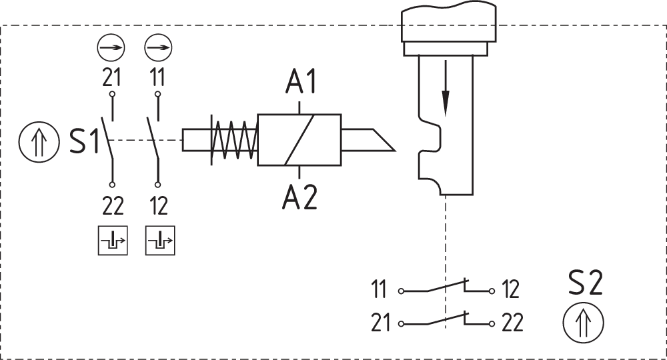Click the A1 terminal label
[x=301, y=83]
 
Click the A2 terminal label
[x=301, y=198]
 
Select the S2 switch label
[x=585, y=283]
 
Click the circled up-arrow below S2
[x=584, y=323]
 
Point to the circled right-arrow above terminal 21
[x=111, y=48]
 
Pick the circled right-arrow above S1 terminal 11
[x=158, y=48]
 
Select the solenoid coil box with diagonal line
[x=299, y=140]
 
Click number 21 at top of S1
[x=111, y=78]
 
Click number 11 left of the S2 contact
[x=379, y=290]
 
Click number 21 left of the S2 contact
[x=380, y=323]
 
